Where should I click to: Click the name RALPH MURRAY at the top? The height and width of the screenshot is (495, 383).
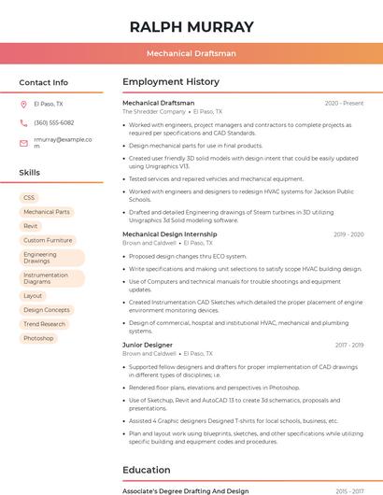[191, 27]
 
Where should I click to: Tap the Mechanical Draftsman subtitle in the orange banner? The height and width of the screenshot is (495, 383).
[191, 54]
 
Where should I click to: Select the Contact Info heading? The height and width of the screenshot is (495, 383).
[44, 82]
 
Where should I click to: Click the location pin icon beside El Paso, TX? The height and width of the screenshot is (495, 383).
[23, 104]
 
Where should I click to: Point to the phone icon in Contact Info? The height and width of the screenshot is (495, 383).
[23, 122]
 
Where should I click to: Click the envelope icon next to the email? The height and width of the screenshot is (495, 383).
[23, 143]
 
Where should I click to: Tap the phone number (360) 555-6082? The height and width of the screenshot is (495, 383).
[54, 122]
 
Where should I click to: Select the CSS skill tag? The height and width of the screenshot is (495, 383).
[29, 198]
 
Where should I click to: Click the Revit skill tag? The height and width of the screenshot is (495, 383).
[31, 226]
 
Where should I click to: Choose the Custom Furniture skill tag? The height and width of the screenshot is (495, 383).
[48, 240]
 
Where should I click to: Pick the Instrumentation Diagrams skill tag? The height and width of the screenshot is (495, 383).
[46, 278]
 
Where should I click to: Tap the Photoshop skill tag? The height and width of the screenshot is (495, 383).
[38, 338]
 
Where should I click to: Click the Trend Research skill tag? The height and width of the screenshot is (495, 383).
[45, 324]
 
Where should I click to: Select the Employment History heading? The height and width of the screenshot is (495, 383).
[171, 82]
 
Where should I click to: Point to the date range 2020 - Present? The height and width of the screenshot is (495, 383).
[344, 103]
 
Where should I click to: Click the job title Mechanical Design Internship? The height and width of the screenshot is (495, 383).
[169, 234]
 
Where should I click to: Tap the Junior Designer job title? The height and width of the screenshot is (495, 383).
[147, 345]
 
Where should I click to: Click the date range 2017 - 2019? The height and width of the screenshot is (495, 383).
[348, 345]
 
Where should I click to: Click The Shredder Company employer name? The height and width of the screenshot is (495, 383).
[154, 111]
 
